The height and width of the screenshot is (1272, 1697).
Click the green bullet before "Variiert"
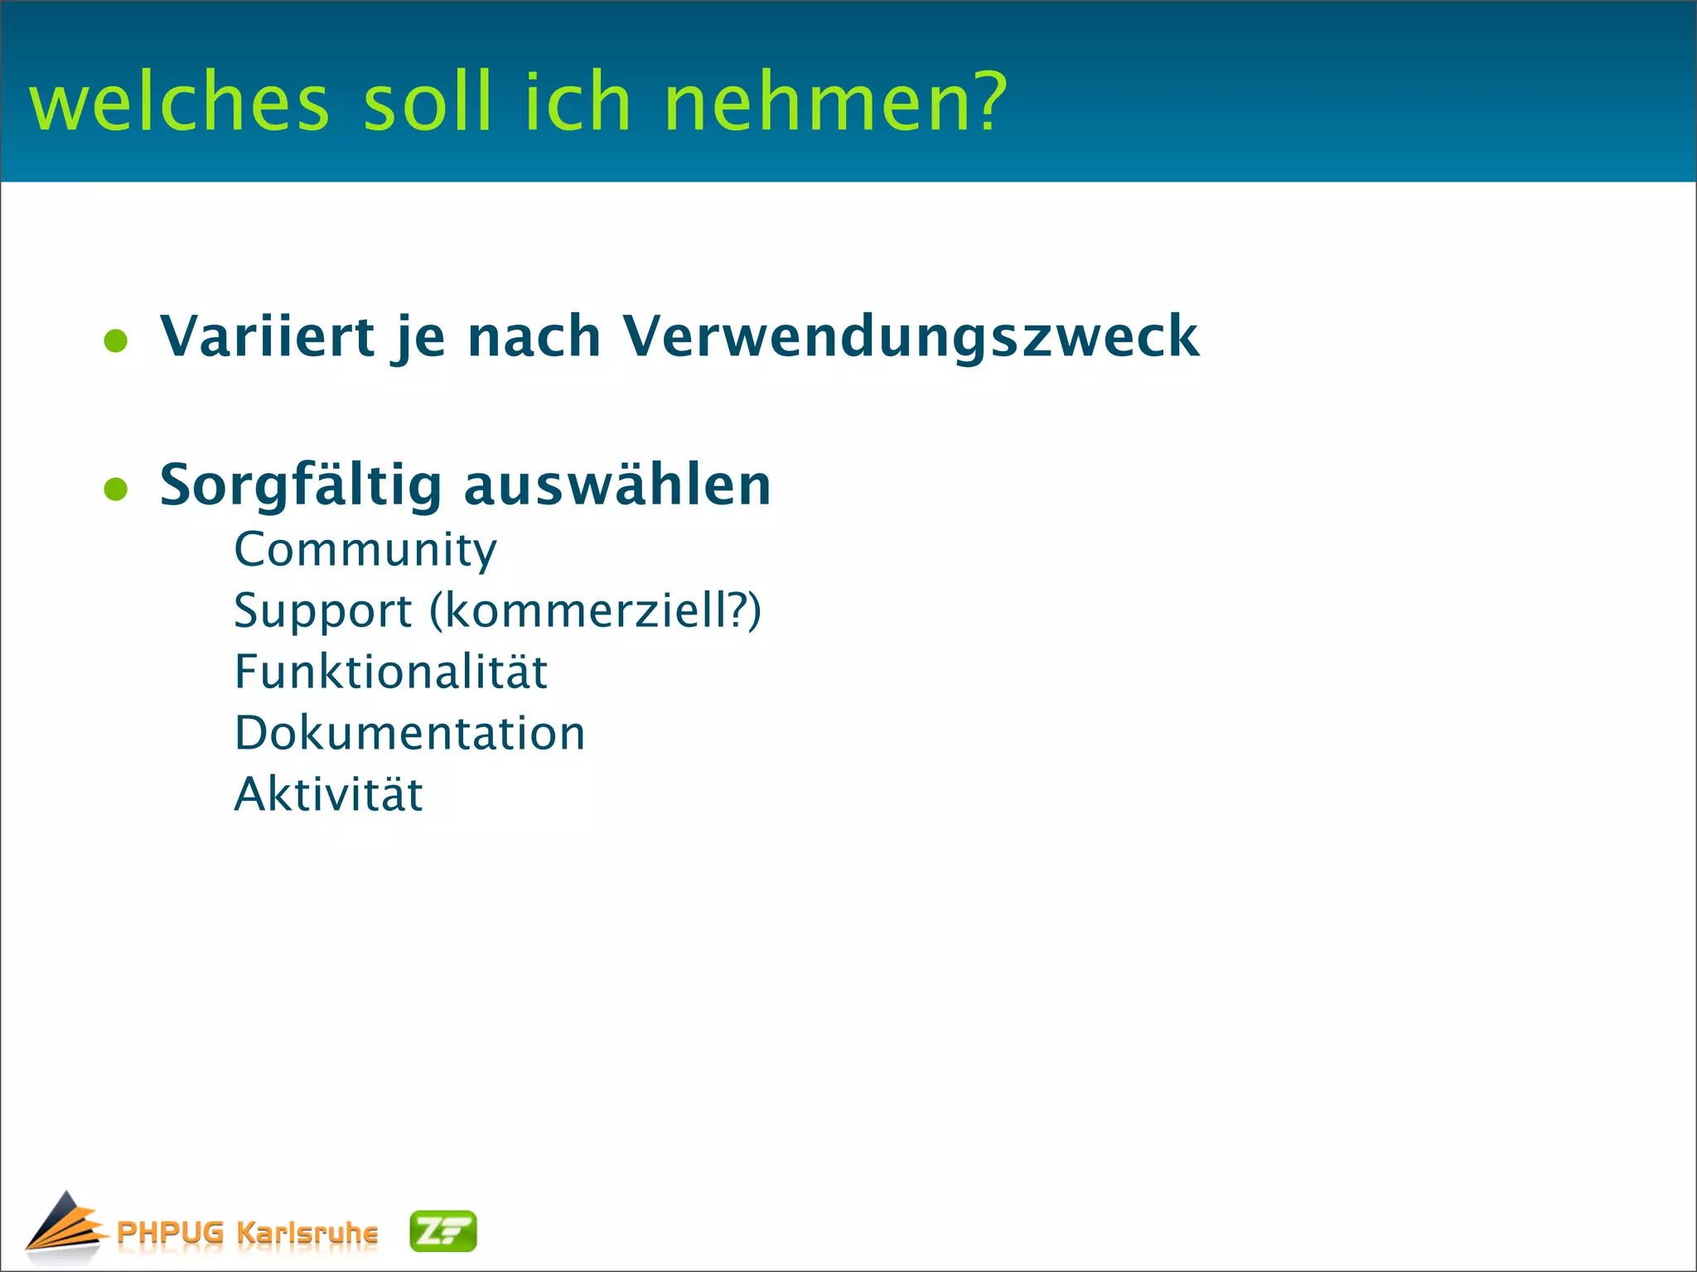click(x=116, y=341)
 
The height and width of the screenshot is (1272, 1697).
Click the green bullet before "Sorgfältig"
click(x=116, y=489)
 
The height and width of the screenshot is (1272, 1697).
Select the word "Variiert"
click(x=267, y=336)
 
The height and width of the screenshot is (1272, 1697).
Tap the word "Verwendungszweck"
click(x=911, y=338)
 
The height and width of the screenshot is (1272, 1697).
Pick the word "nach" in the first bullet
click(x=534, y=336)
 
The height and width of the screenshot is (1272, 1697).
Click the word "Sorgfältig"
click(x=301, y=486)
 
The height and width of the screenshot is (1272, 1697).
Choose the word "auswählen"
click(x=617, y=484)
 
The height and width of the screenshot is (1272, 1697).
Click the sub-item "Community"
click(x=365, y=551)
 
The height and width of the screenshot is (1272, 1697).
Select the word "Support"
click(x=323, y=612)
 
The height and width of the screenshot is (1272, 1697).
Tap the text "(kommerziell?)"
click(x=595, y=611)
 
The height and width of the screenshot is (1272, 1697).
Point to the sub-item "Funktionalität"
click(x=390, y=672)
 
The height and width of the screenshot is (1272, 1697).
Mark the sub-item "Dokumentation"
click(x=409, y=734)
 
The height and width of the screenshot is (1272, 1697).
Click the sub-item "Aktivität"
click(x=328, y=794)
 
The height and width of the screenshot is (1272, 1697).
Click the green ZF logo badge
click(x=443, y=1231)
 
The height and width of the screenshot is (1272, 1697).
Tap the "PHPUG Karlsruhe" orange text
click(x=247, y=1232)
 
